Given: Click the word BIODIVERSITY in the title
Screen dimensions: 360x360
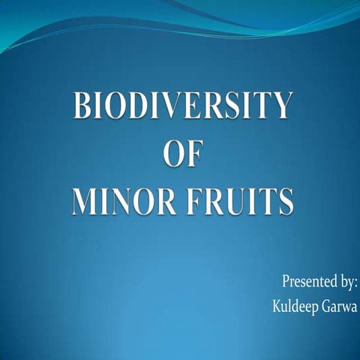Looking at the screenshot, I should (x=181, y=106).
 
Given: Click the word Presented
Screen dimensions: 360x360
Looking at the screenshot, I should (x=308, y=282).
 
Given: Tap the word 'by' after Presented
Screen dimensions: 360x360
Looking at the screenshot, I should (x=346, y=283).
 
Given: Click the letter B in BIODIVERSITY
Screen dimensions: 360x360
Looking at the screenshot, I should (x=82, y=106).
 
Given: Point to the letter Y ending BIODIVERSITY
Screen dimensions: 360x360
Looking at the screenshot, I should (x=280, y=106).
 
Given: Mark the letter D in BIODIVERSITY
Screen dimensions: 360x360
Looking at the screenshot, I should (x=141, y=106).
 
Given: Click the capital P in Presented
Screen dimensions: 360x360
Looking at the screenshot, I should (x=286, y=282).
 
